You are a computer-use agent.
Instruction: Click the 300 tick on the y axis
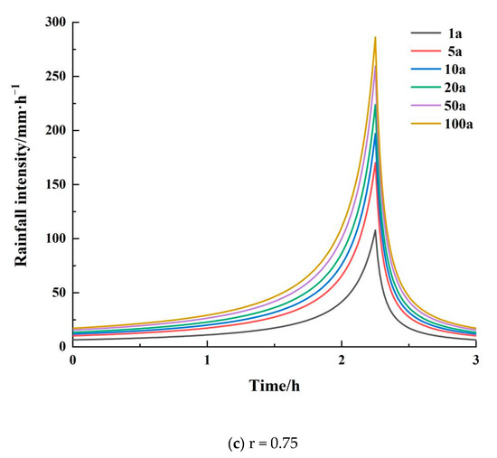pos(55,22)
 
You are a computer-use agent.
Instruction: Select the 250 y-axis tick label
pos(55,76)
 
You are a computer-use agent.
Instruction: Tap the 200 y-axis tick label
pos(55,130)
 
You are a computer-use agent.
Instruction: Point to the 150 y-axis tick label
pos(55,184)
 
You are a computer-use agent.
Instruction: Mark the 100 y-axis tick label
pos(55,238)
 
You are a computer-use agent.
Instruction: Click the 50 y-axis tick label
pos(58,293)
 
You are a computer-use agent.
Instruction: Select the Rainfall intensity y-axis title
pos(19,184)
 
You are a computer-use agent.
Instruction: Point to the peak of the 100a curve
pos(375,37)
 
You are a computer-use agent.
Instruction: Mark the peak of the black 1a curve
pos(375,230)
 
